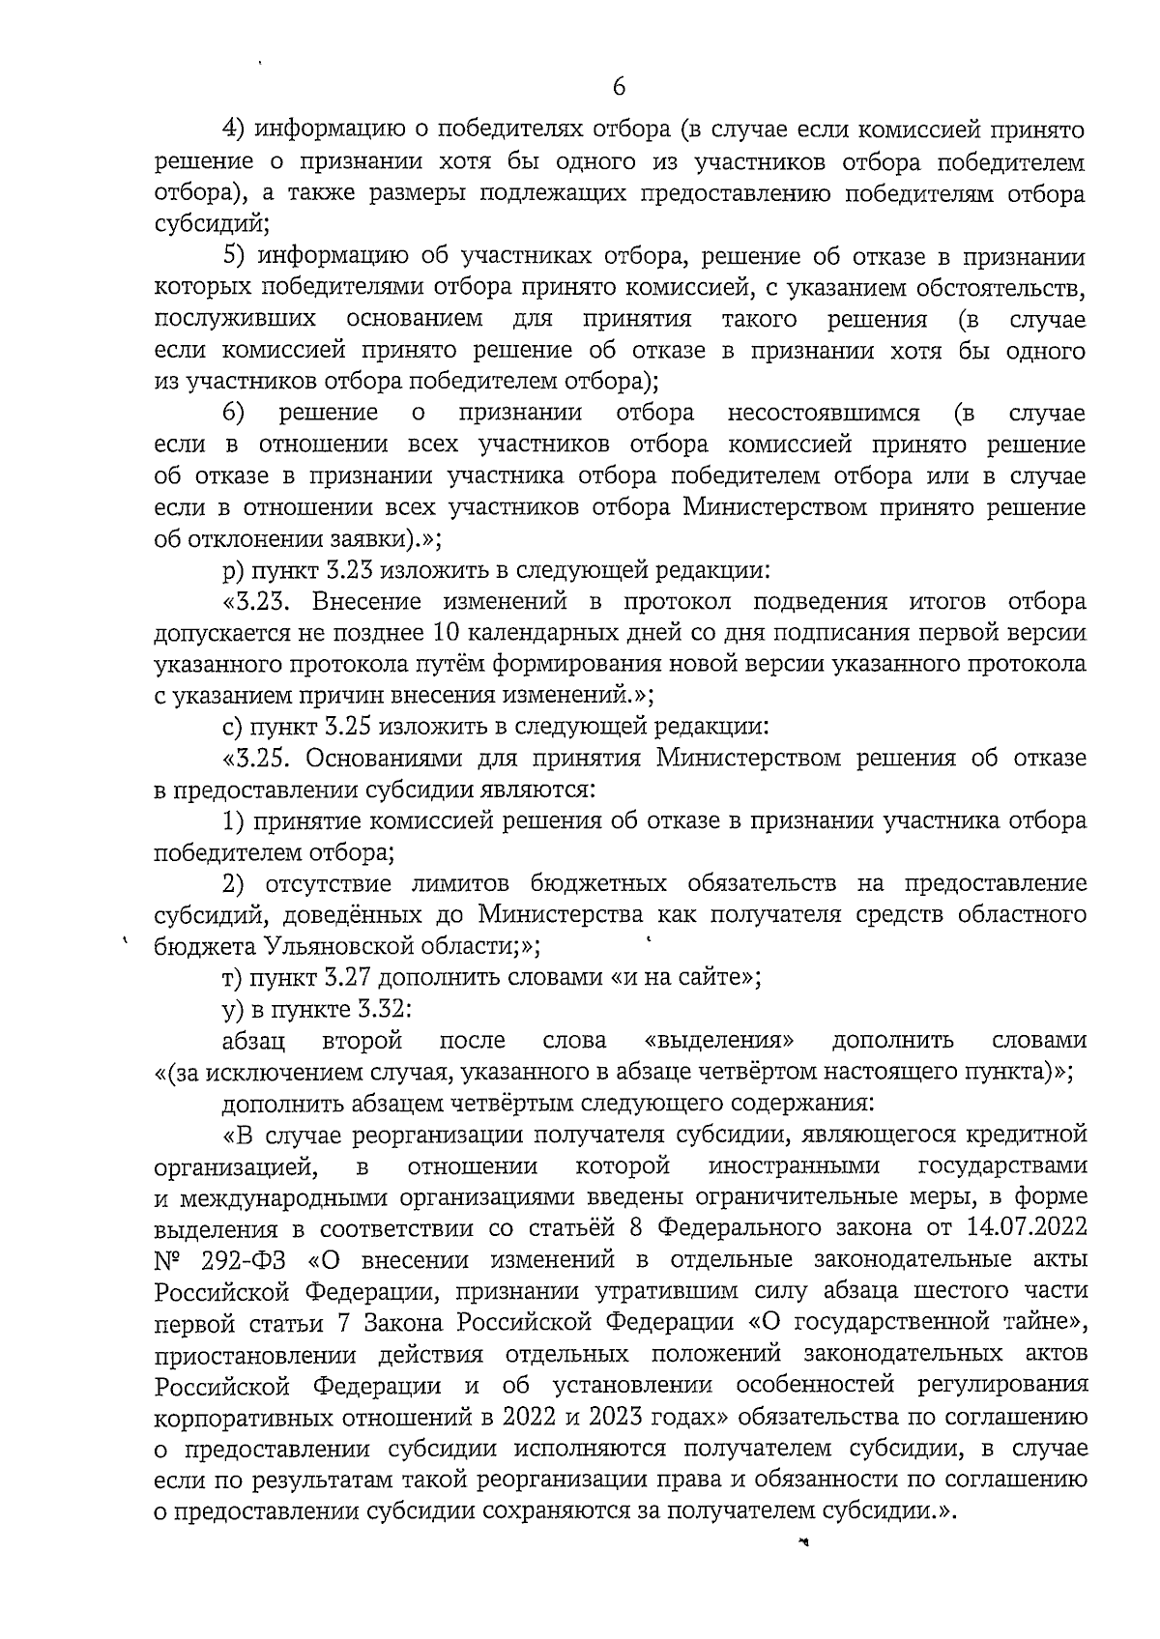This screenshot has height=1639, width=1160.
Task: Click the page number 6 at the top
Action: tap(619, 87)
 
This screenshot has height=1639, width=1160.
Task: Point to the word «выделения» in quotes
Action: tap(719, 1041)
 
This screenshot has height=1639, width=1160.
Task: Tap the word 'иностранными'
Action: tap(794, 1166)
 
